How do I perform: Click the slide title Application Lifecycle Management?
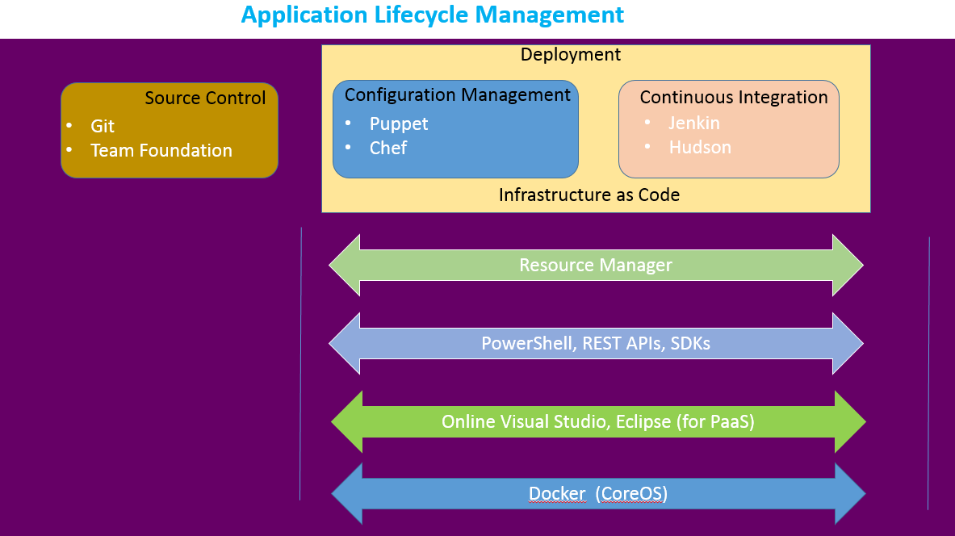[432, 15]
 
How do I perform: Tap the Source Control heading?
[205, 98]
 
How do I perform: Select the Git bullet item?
[103, 127]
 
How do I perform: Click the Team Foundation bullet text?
[161, 151]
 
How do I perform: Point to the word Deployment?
[571, 55]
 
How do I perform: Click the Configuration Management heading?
[457, 95]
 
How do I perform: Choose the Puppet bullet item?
[399, 124]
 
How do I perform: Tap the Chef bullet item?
[388, 149]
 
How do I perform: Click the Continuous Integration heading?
[733, 98]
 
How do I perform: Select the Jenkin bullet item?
[693, 124]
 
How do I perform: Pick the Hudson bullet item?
[700, 148]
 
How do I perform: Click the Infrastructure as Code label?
[588, 195]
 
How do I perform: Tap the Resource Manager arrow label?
[596, 266]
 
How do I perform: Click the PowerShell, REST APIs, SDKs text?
[596, 343]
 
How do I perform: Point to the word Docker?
[557, 494]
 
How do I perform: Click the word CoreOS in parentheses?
[631, 494]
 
